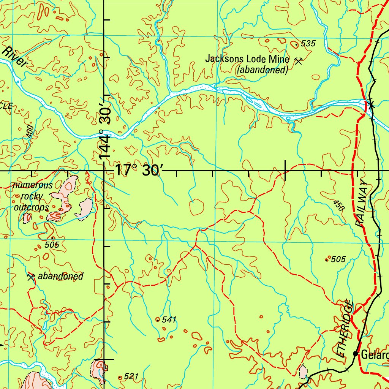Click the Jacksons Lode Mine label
pyautogui.click(x=247, y=59)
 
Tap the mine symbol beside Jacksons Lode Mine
pyautogui.click(x=299, y=60)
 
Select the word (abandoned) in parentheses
pyautogui.click(x=262, y=70)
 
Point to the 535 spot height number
pyautogui.click(x=308, y=44)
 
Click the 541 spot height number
pyautogui.click(x=169, y=320)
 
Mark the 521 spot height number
pyautogui.click(x=131, y=376)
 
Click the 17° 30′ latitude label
pyautogui.click(x=138, y=170)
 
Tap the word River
pyautogui.click(x=15, y=57)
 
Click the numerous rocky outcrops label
pyautogui.click(x=32, y=196)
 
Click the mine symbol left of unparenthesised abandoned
pyautogui.click(x=31, y=277)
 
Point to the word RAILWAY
pyautogui.click(x=363, y=204)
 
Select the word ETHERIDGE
pyautogui.click(x=345, y=329)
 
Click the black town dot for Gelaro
pyautogui.click(x=356, y=354)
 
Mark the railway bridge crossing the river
pyautogui.click(x=370, y=104)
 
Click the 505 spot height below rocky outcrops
pyautogui.click(x=52, y=245)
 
